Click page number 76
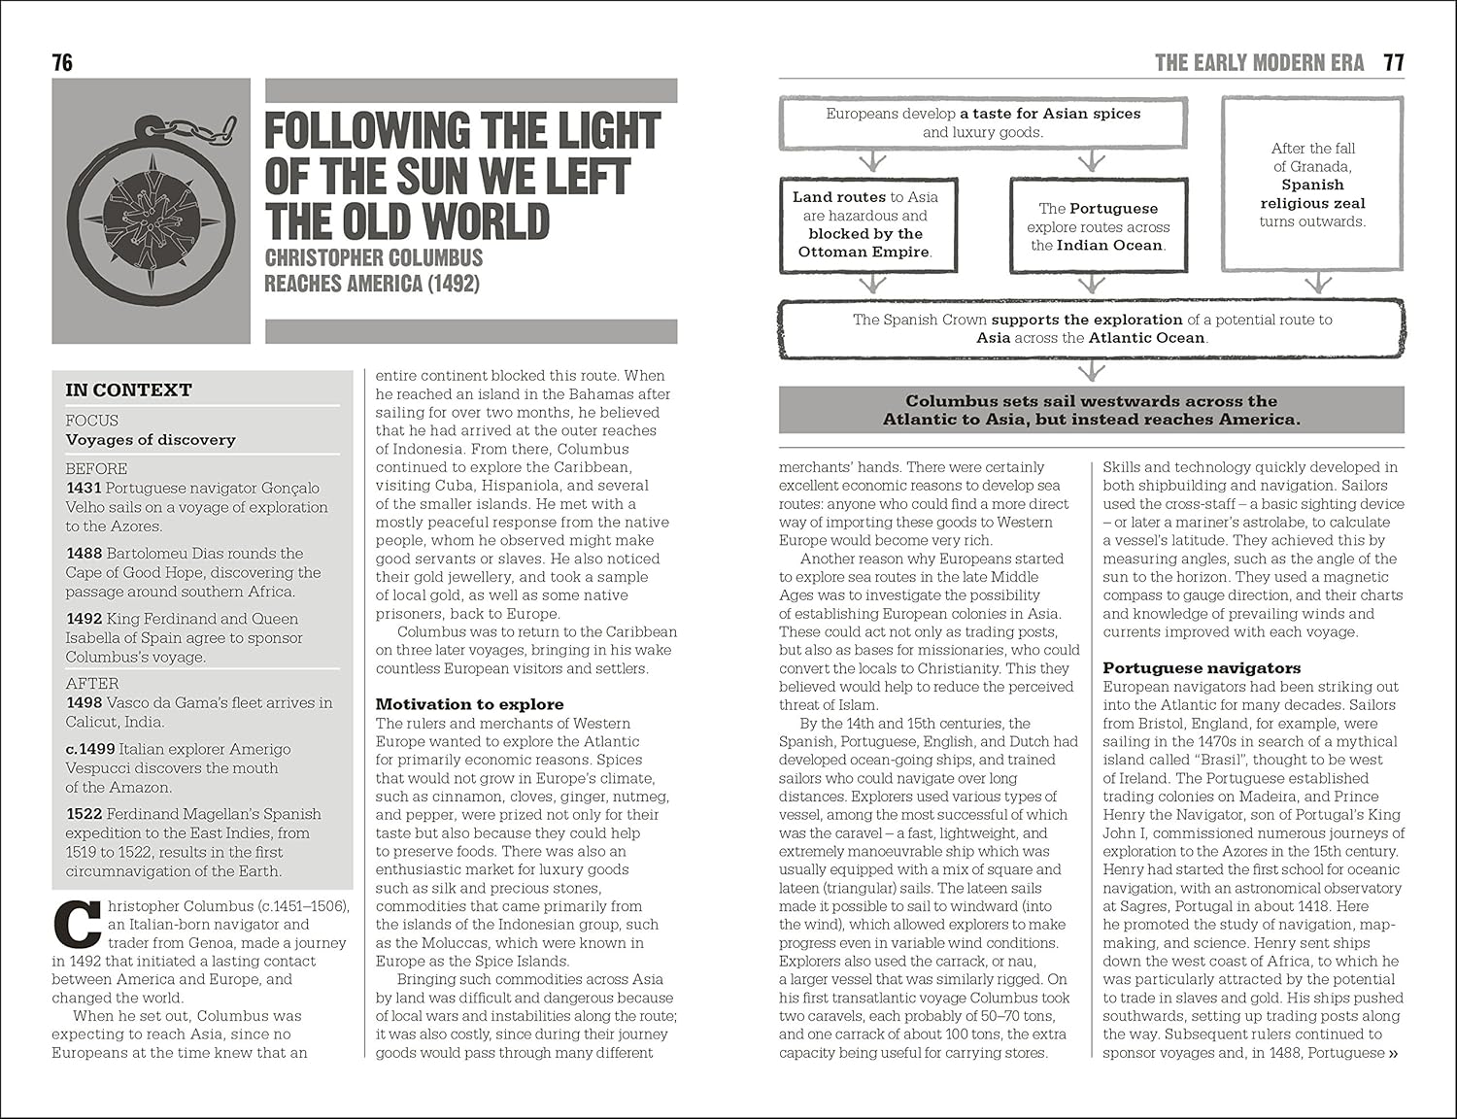pos(62,63)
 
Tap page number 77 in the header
pos(1393,63)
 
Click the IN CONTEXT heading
pos(128,390)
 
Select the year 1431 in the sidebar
pos(84,489)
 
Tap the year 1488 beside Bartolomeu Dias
pos(84,554)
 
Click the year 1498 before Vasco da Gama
pos(84,703)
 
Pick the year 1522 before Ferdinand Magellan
pos(84,814)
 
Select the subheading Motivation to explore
pos(469,704)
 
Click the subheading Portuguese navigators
pos(1202,668)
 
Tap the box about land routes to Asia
pos(867,224)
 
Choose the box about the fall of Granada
pos(1312,185)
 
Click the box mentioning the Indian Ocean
pos(1099,226)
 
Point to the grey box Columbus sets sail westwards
pos(1091,410)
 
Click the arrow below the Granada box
pos(1318,283)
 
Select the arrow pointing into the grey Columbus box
pos(1092,370)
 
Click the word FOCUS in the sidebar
pos(92,421)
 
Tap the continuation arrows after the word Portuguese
pos(1395,1053)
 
